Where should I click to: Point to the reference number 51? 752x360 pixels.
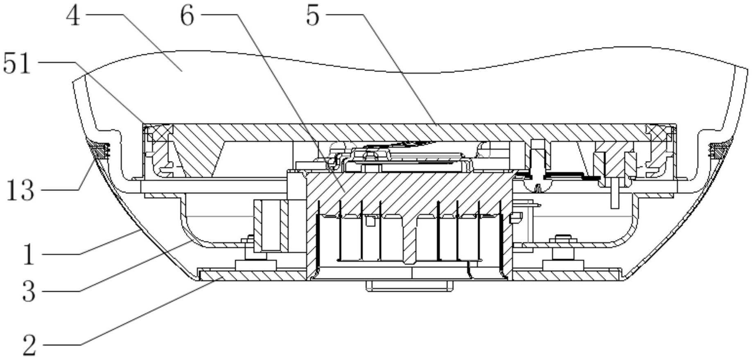(x=17, y=65)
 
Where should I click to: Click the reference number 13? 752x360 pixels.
(x=20, y=191)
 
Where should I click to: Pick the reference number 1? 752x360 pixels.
(x=28, y=254)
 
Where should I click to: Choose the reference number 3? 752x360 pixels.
(x=29, y=291)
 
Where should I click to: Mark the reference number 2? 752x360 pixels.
(x=29, y=345)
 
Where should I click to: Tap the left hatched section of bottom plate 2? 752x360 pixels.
(x=252, y=276)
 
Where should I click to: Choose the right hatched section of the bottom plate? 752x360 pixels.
(x=567, y=276)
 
